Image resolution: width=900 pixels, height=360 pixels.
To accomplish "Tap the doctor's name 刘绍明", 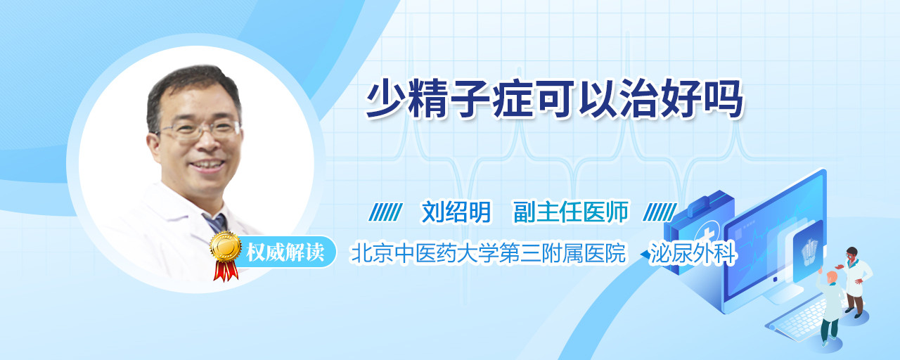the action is pos(456,212).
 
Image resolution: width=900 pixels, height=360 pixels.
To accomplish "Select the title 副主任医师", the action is pos(571,212).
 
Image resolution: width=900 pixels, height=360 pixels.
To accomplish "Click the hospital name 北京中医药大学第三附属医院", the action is pos(488,253).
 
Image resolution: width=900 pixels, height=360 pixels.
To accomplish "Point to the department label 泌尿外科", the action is pos(693,253).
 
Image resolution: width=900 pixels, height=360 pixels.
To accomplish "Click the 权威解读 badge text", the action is pos(285,252).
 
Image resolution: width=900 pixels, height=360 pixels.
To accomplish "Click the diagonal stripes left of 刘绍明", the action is pos(385,212).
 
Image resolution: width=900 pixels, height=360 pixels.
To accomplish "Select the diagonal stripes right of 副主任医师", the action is pos(660,212).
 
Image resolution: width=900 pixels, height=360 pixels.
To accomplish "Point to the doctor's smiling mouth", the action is pos(207,165).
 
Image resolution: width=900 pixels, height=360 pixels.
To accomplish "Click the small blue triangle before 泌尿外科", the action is pos(645,255).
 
